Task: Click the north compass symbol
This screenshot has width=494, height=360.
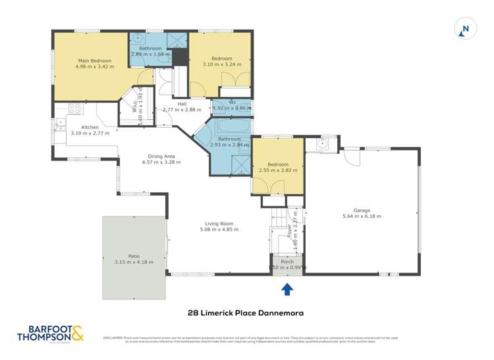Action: click(x=464, y=28)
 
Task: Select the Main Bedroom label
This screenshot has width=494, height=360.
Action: click(x=94, y=61)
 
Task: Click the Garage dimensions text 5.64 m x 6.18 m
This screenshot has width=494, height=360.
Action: click(x=362, y=216)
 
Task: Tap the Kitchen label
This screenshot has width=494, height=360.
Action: click(x=90, y=127)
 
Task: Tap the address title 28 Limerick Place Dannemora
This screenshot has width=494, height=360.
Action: click(x=247, y=313)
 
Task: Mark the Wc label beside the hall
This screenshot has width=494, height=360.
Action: click(x=233, y=102)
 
